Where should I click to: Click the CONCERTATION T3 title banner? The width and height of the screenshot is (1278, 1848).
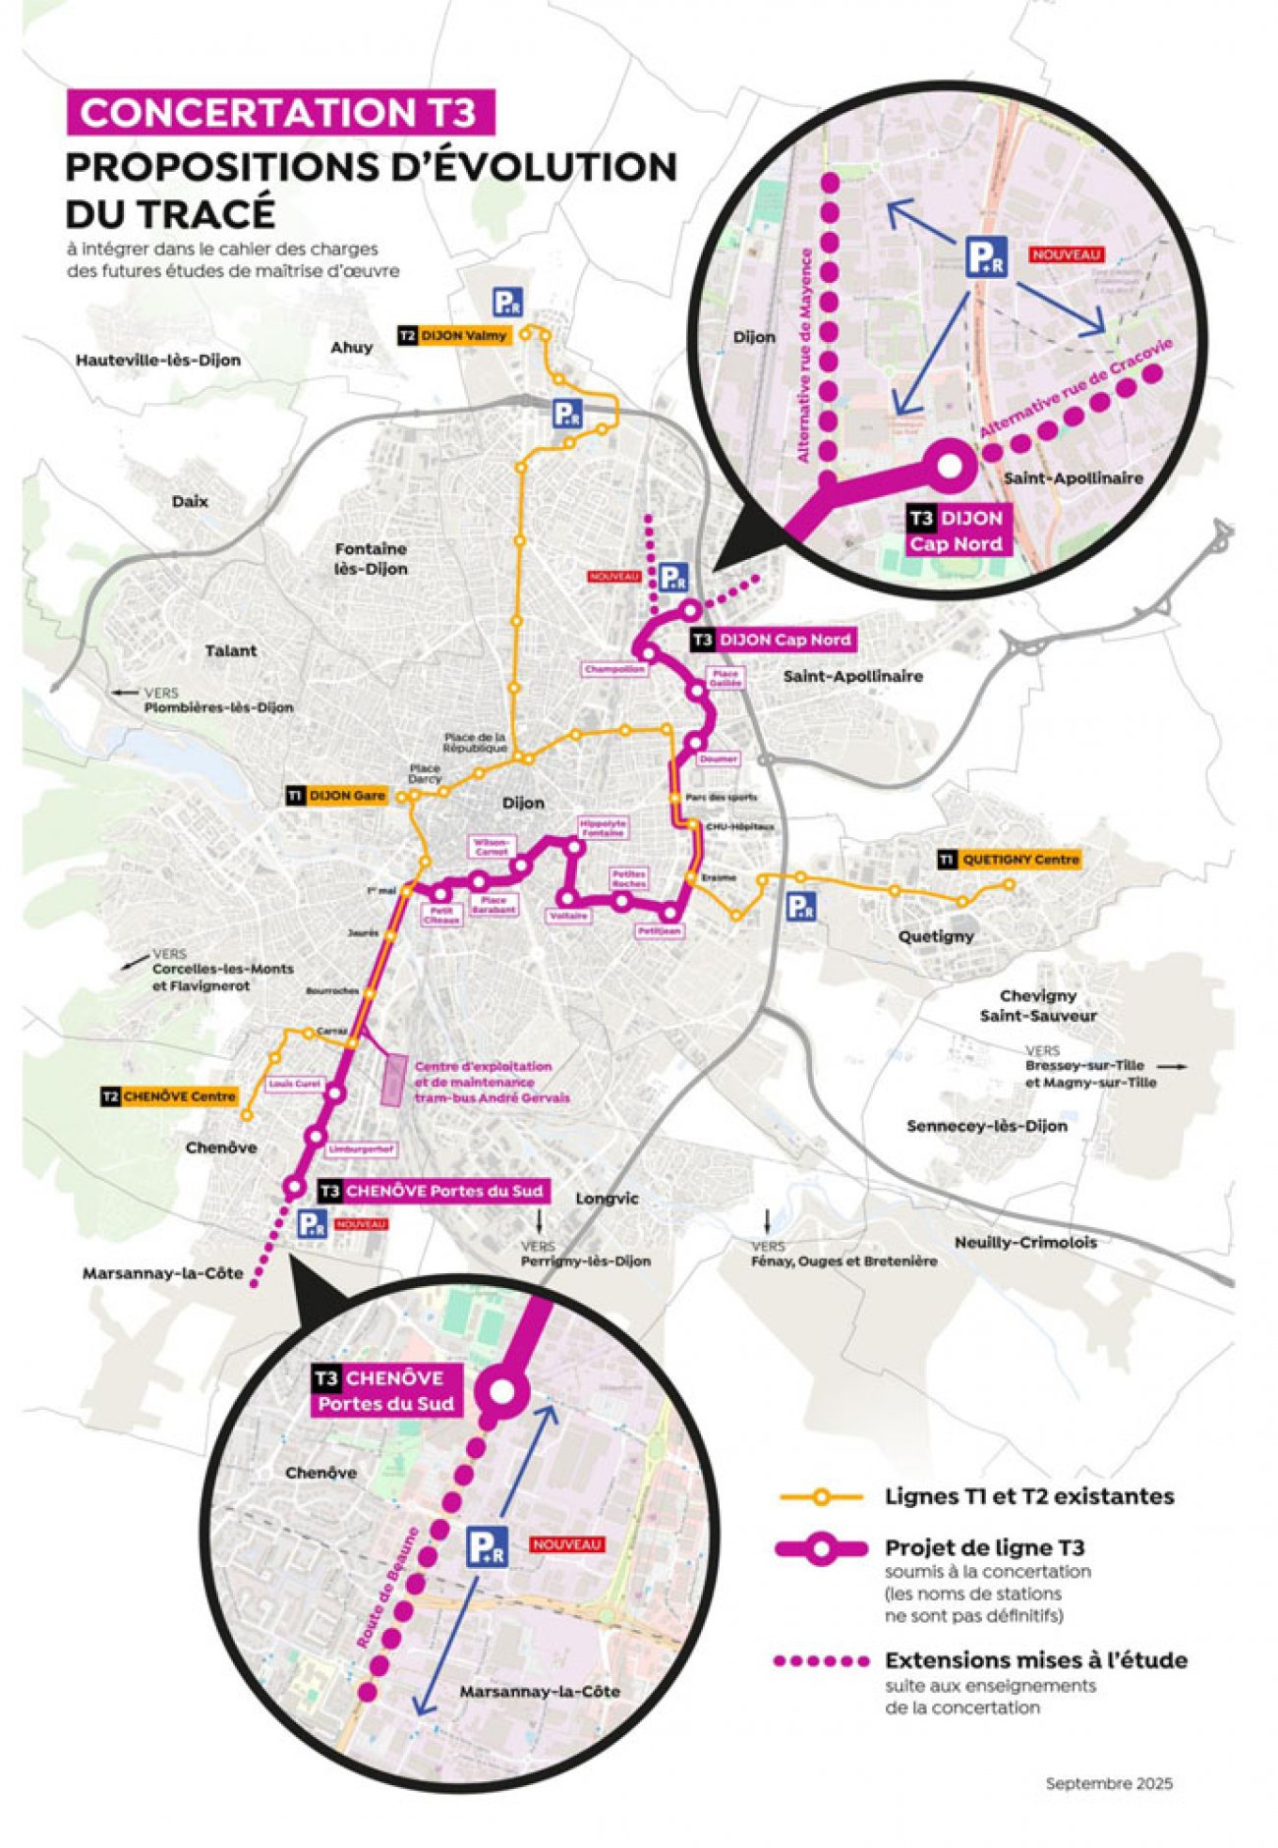tap(279, 112)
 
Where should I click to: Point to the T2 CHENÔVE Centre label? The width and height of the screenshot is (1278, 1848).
tap(169, 1096)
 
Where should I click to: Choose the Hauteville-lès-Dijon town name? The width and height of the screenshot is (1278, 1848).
tap(157, 361)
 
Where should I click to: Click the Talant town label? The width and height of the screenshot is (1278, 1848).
tap(231, 650)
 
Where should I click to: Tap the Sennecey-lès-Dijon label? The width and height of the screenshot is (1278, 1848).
tap(986, 1126)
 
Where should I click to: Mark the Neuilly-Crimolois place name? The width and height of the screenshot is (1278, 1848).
tap(1025, 1243)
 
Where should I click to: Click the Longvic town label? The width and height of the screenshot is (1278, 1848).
tap(607, 1199)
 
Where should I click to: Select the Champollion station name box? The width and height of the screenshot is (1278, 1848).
tap(615, 669)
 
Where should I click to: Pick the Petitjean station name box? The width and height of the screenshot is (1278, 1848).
tap(660, 929)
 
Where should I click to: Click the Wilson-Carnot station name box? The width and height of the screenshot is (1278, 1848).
tap(492, 847)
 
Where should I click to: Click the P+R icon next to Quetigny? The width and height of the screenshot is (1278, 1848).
tap(801, 906)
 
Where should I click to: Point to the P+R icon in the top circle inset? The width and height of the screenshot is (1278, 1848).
tap(985, 256)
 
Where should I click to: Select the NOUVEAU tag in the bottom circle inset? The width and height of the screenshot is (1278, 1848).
tap(566, 1544)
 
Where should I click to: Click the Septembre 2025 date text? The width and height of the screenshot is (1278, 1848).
tap(1109, 1783)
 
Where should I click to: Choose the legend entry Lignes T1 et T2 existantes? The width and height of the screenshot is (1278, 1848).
tap(1029, 1496)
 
